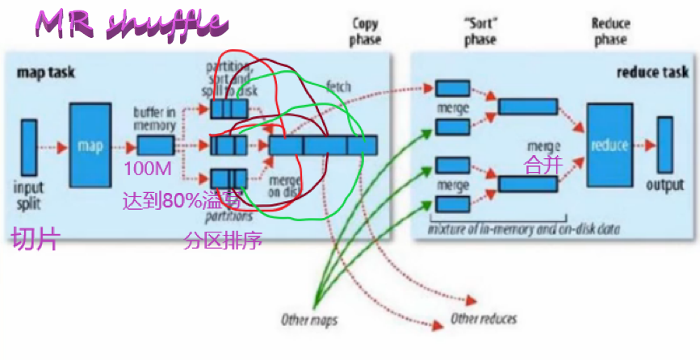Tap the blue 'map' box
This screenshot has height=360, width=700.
[89, 145]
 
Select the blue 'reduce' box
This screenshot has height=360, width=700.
[609, 145]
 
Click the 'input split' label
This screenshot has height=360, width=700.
[28, 195]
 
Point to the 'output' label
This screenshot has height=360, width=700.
[664, 186]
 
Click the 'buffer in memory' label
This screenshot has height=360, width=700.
[154, 120]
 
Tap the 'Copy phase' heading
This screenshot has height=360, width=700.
[366, 31]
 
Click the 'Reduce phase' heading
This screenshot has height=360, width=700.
[610, 31]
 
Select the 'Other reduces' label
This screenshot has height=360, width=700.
[483, 318]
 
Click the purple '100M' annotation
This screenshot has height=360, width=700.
[145, 169]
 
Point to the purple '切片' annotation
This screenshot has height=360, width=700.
[35, 239]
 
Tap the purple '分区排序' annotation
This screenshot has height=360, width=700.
[224, 240]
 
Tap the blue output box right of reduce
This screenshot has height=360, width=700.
[664, 145]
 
